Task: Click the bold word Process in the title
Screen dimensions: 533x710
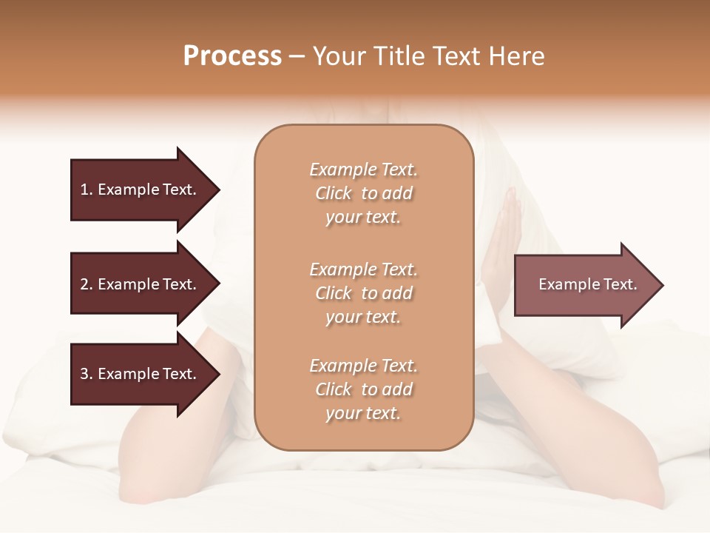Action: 232,56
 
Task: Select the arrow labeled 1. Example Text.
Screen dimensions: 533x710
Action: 141,190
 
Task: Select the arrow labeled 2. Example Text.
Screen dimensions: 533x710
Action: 141,284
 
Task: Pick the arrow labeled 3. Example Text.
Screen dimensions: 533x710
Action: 141,374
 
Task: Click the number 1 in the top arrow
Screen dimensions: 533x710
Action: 84,190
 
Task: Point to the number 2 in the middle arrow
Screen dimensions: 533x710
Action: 84,284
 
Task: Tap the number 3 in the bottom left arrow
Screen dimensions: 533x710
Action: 84,374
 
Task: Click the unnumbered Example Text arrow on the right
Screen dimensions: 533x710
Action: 584,284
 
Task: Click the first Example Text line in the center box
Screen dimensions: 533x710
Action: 363,170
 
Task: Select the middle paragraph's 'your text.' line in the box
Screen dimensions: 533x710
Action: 363,317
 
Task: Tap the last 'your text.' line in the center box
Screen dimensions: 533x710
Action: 363,414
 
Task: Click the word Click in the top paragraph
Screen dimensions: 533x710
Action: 334,194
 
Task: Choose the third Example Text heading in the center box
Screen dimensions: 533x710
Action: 363,366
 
